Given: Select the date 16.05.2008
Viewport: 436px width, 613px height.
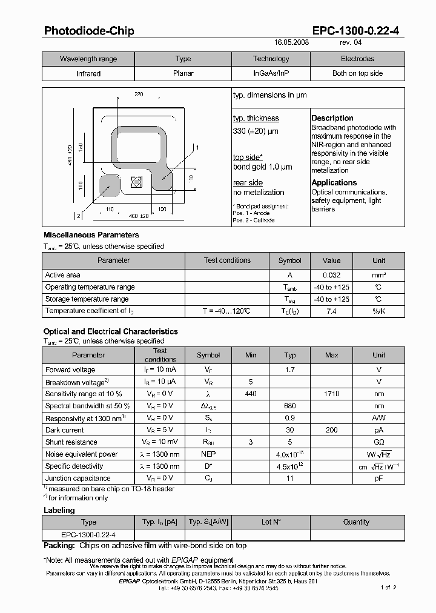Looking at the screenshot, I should pyautogui.click(x=291, y=44).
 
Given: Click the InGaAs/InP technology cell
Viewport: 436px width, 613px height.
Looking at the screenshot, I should pyautogui.click(x=271, y=73).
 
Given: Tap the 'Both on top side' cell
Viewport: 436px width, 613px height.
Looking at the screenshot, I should pyautogui.click(x=357, y=73).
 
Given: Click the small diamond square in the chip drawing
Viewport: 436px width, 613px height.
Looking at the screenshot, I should pyautogui.click(x=136, y=181).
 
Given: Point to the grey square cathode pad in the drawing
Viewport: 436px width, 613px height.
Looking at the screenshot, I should pyautogui.click(x=108, y=185).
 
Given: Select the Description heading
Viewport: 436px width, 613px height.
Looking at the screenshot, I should pyautogui.click(x=332, y=118).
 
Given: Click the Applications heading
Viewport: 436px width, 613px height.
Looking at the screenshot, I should pyautogui.click(x=334, y=182).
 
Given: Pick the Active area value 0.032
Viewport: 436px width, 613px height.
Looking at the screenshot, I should pyautogui.click(x=331, y=275).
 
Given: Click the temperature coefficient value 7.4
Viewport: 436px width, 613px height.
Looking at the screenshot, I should pyautogui.click(x=331, y=311).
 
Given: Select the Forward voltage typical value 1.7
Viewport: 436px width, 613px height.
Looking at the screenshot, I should pyautogui.click(x=289, y=369).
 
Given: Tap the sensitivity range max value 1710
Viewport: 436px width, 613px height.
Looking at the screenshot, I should pyautogui.click(x=331, y=394).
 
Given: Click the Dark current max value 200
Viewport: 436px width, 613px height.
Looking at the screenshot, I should pyautogui.click(x=331, y=430).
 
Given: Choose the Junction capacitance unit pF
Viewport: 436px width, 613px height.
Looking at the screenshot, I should pyautogui.click(x=378, y=479).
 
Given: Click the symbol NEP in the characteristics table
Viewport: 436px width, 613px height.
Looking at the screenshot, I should pyautogui.click(x=208, y=454).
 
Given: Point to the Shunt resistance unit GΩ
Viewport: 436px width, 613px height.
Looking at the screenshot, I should pyautogui.click(x=378, y=442).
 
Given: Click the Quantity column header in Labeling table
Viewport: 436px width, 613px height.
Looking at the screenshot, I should pyautogui.click(x=356, y=522).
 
